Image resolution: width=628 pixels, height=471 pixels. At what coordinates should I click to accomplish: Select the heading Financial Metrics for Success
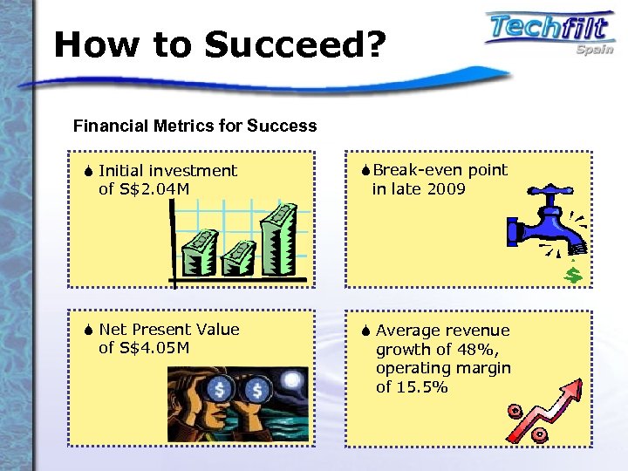(x=195, y=126)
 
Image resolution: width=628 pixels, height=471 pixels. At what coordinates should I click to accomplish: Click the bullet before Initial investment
(x=90, y=171)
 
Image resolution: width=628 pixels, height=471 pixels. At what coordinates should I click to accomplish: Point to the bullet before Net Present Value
(x=90, y=330)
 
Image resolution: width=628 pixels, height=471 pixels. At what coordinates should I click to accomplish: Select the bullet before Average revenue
(x=366, y=331)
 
